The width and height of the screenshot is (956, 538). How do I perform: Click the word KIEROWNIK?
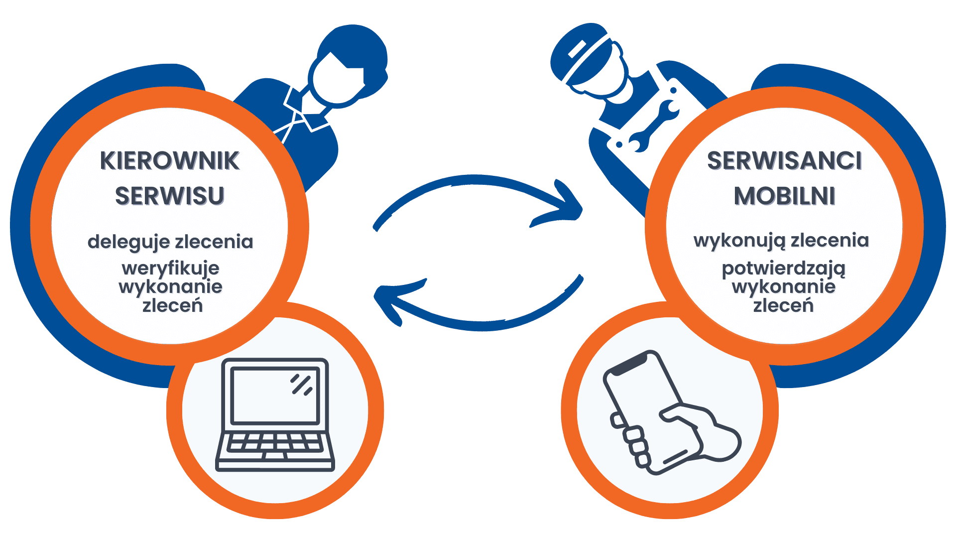[x=170, y=161]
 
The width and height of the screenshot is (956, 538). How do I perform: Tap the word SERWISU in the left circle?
[x=170, y=196]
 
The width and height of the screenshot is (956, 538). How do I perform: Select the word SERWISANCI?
[x=784, y=161]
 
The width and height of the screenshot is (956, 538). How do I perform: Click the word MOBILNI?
[x=784, y=196]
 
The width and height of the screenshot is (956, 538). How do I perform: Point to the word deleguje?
[x=128, y=242]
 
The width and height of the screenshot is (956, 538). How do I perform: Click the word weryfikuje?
[x=170, y=269]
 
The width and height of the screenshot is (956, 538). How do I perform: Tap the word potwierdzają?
[x=784, y=269]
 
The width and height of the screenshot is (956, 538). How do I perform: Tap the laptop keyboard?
[x=275, y=442]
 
